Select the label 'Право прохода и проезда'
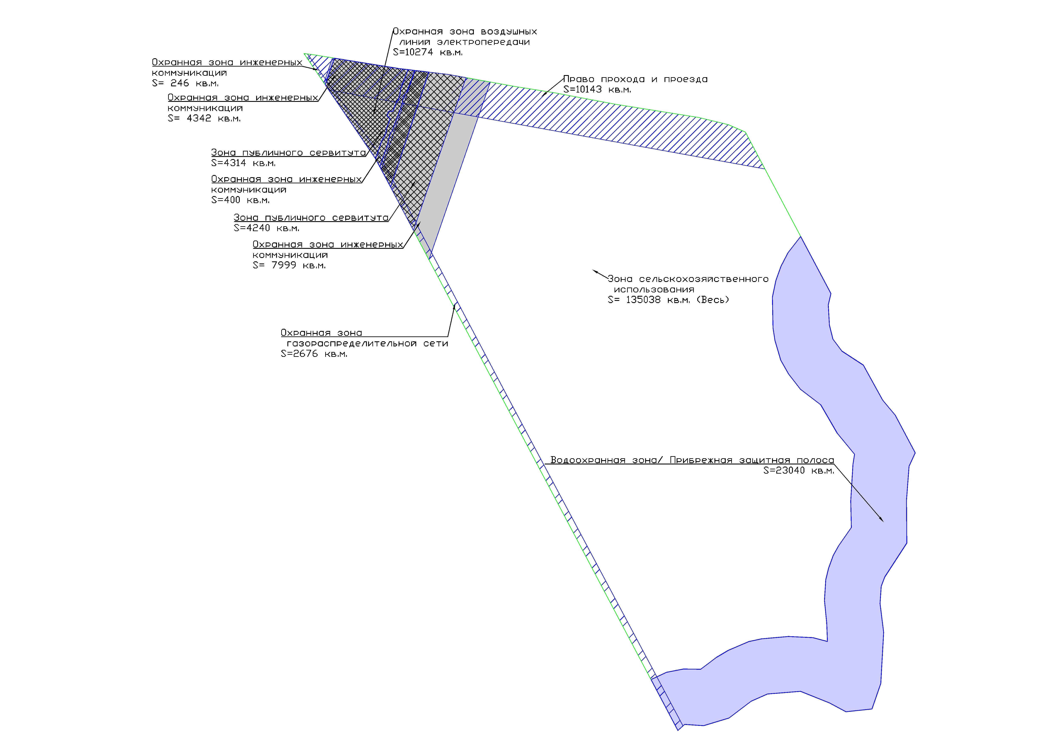click(x=635, y=79)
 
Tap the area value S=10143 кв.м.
click(x=597, y=90)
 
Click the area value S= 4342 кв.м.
click(x=204, y=118)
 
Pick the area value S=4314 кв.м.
click(x=244, y=163)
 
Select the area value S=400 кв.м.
click(x=240, y=200)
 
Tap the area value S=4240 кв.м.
click(x=267, y=228)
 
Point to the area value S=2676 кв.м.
click(x=314, y=354)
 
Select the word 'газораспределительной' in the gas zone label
click(x=352, y=343)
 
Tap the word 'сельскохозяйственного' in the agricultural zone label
click(x=703, y=279)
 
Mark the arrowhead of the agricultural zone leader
click(x=594, y=271)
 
